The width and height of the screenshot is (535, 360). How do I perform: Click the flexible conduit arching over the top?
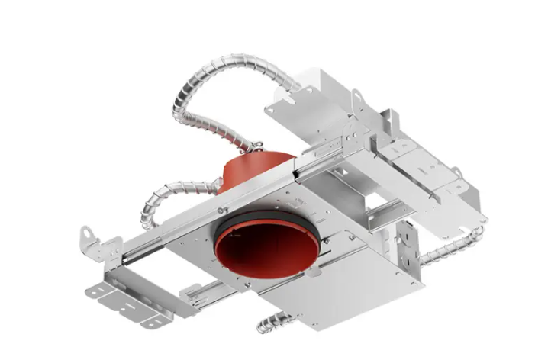point(221,84)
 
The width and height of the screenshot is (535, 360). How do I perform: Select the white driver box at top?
point(321,92)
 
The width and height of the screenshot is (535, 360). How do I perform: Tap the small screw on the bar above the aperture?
point(222,207)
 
